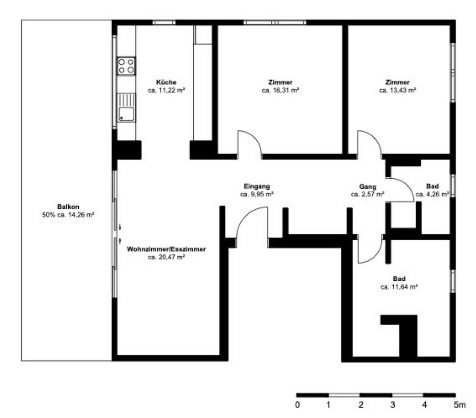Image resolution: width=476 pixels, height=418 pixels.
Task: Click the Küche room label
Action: (x=166, y=82)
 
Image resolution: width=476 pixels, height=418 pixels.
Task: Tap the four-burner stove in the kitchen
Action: (x=126, y=66)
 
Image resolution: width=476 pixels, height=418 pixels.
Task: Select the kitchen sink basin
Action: (x=126, y=114)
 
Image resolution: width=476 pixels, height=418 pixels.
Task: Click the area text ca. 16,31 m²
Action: (x=280, y=90)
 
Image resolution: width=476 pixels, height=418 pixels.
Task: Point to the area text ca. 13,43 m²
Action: (x=398, y=90)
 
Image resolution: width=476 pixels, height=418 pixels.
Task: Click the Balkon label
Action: (x=68, y=207)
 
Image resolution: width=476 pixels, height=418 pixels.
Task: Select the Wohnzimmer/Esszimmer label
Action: (x=166, y=249)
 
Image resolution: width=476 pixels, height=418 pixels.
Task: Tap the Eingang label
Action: (x=257, y=186)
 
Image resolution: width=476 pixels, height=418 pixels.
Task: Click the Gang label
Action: (x=368, y=186)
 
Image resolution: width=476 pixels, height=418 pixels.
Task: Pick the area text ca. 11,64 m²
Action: (x=399, y=287)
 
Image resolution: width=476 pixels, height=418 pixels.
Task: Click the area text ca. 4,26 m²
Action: (x=432, y=194)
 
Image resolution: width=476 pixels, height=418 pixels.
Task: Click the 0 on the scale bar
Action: (x=297, y=405)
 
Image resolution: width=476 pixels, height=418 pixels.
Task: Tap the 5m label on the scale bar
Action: (x=460, y=405)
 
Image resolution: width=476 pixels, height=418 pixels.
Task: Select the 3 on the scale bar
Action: (x=393, y=405)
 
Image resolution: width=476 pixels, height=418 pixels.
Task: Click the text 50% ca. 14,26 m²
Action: (x=68, y=215)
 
